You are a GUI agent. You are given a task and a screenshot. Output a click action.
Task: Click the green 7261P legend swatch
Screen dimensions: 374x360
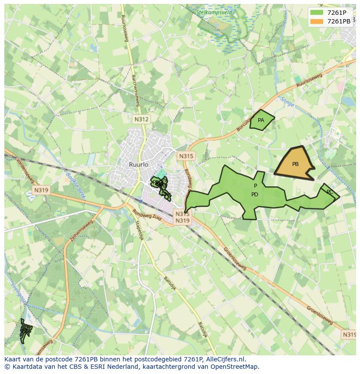pyautogui.click(x=317, y=13)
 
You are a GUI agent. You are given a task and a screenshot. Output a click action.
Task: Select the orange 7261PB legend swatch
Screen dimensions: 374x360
pyautogui.click(x=317, y=21)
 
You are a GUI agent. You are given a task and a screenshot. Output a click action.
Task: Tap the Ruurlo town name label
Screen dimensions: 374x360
pyautogui.click(x=139, y=165)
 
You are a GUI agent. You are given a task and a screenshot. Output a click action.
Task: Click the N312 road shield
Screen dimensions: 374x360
pyautogui.click(x=141, y=119)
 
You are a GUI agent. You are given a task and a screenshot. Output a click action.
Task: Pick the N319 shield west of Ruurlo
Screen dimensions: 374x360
pyautogui.click(x=41, y=190)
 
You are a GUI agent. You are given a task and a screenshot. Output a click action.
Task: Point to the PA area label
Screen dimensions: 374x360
pyautogui.click(x=261, y=120)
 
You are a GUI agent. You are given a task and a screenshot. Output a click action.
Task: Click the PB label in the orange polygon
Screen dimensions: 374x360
pyautogui.click(x=295, y=164)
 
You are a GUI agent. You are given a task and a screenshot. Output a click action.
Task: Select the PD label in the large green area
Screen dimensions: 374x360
pyautogui.click(x=255, y=194)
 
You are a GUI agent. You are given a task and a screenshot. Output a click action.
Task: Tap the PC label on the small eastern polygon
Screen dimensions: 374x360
pyautogui.click(x=330, y=192)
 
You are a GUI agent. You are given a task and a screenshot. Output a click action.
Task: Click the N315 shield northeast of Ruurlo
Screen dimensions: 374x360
pyautogui.click(x=186, y=156)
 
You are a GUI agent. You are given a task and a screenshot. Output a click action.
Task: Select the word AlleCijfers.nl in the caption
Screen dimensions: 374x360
pyautogui.click(x=225, y=359)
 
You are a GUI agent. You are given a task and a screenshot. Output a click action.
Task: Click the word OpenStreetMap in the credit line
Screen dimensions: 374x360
pyautogui.click(x=237, y=367)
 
